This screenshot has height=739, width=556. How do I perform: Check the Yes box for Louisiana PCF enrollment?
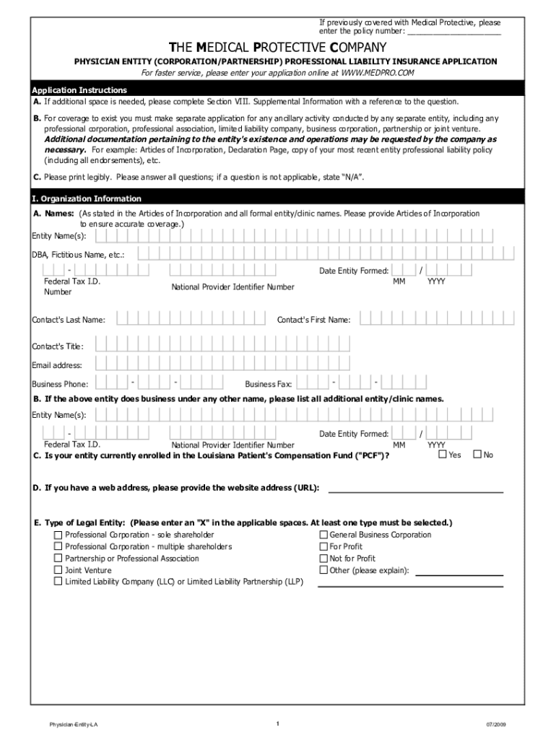tap(443, 455)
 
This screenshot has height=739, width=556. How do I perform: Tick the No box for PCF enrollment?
tap(477, 455)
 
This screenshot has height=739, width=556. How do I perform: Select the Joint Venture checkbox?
tap(58, 570)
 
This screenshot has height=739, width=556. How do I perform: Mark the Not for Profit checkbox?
tap(323, 559)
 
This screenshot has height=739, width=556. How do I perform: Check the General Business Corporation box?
tap(323, 535)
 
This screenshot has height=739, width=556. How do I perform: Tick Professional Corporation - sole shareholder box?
tap(58, 535)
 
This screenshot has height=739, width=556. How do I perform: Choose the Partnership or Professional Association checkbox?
tap(58, 559)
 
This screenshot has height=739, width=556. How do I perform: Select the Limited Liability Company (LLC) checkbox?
tap(58, 582)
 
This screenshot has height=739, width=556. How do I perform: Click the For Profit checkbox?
tap(323, 546)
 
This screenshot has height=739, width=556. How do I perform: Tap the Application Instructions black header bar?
tap(278, 89)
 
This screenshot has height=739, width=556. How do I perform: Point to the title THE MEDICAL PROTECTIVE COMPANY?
tap(278, 48)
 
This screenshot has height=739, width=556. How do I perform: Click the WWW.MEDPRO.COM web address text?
tap(378, 74)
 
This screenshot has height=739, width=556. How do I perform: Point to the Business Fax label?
tap(268, 385)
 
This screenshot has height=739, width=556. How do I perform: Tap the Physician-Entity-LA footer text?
tap(69, 724)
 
